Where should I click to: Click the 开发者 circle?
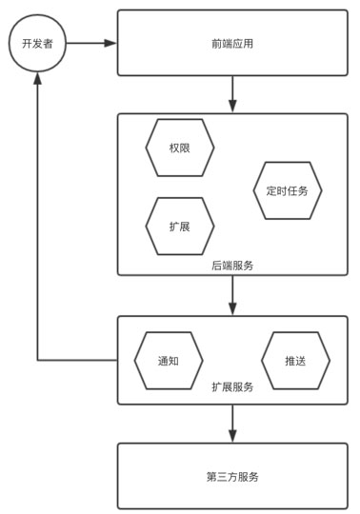[x=37, y=43]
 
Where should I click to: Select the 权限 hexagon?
[x=180, y=148]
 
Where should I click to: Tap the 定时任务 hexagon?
[x=288, y=190]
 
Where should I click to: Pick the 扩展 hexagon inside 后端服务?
[x=180, y=227]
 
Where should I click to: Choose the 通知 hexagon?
[x=169, y=361]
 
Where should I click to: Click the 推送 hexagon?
[x=295, y=361]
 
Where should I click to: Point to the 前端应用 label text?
[x=232, y=44]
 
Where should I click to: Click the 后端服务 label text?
[x=232, y=266]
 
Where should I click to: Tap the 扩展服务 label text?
[x=232, y=386]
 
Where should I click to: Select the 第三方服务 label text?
[x=232, y=477]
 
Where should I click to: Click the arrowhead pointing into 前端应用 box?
[x=110, y=43]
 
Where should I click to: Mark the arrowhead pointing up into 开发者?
[x=37, y=78]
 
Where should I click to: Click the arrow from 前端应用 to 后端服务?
[x=232, y=94]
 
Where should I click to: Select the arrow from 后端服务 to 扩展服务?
[x=232, y=296]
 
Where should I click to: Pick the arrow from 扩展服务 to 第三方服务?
[x=232, y=424]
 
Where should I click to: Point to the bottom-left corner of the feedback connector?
[x=37, y=361]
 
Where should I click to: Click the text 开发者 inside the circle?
[x=37, y=44]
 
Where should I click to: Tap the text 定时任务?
[x=288, y=190]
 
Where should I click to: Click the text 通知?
[x=169, y=361]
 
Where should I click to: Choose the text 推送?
[x=295, y=361]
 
